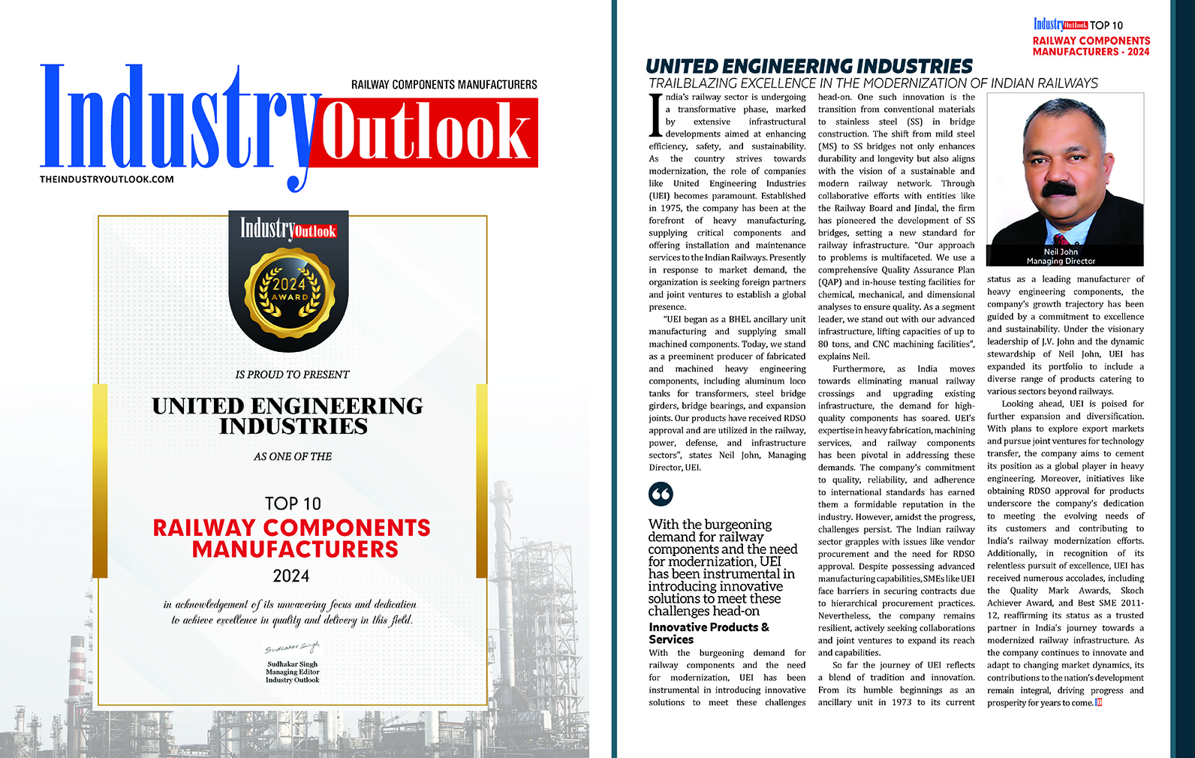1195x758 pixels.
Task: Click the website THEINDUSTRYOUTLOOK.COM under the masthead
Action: [x=107, y=179]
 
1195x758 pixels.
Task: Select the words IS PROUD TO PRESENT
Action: [x=292, y=374]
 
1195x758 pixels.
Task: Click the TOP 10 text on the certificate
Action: [x=292, y=503]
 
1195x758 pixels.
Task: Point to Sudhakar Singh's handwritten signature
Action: [x=291, y=648]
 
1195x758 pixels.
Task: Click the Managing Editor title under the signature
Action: [x=292, y=672]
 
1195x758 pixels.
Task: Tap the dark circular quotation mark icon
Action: [x=661, y=494]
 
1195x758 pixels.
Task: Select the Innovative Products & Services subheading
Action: [x=709, y=633]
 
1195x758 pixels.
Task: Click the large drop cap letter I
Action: [x=656, y=114]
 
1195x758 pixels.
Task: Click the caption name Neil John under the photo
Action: [x=1060, y=252]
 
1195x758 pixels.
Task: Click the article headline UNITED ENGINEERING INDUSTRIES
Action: [x=808, y=67]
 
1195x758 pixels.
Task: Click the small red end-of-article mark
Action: [x=1098, y=702]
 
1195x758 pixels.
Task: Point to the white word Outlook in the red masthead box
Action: [x=425, y=132]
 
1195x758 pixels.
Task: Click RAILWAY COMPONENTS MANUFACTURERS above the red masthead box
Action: [x=444, y=85]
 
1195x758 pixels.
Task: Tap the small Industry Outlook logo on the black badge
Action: [x=288, y=228]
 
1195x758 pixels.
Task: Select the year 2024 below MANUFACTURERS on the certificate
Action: [x=291, y=576]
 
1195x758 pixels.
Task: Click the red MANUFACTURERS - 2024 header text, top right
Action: [x=1090, y=52]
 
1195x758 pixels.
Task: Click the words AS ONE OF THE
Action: [x=292, y=456]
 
